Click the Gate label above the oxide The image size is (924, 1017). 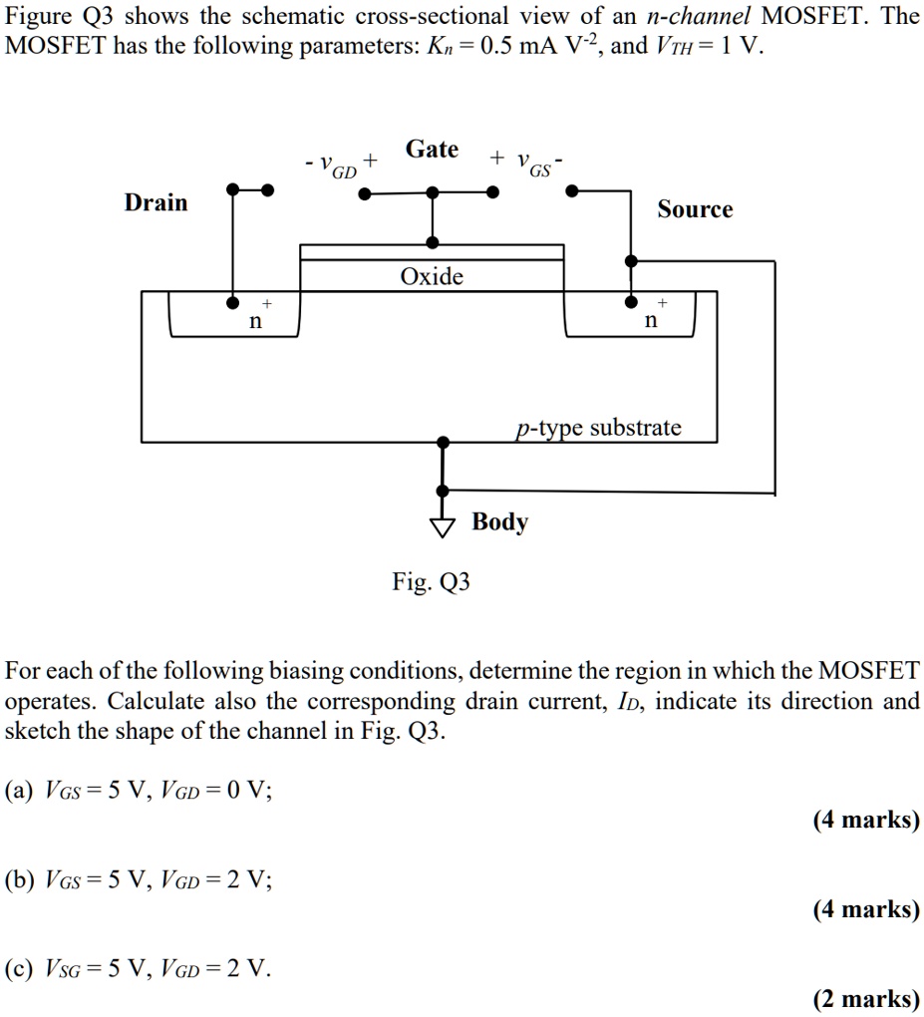click(x=432, y=150)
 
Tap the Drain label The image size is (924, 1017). click(x=155, y=203)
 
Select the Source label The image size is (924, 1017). click(x=695, y=209)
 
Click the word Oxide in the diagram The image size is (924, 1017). click(x=432, y=276)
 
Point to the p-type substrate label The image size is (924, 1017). click(x=599, y=428)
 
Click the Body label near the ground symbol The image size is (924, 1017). click(x=499, y=521)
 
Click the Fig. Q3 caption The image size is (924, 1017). click(x=431, y=581)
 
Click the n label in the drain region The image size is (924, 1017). click(x=255, y=321)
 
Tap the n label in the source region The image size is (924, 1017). click(x=651, y=321)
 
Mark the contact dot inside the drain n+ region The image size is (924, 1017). click(x=233, y=300)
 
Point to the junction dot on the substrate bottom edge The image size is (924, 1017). click(x=444, y=440)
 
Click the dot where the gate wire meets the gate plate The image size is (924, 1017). click(x=432, y=242)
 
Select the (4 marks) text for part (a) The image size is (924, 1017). click(x=865, y=820)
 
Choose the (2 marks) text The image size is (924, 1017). click(x=865, y=999)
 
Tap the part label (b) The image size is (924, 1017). click(x=20, y=879)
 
